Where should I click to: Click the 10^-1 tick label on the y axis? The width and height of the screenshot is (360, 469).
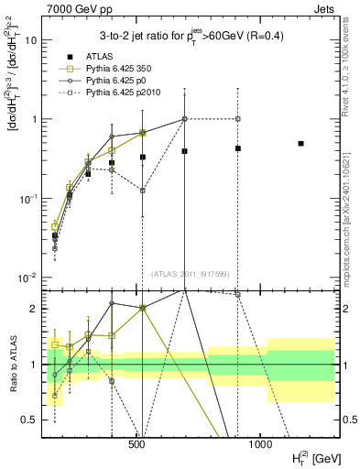[x=27, y=199]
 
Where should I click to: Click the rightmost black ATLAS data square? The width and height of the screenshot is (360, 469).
[x=300, y=144]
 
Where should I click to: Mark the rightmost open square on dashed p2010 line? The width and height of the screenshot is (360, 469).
[x=237, y=119]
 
